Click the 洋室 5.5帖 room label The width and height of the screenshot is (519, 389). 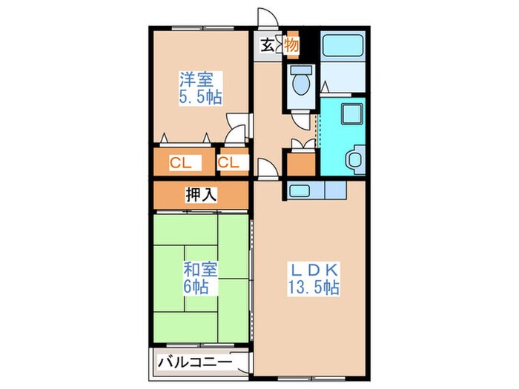tap(201, 87)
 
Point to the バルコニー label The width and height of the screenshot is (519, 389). tap(194, 362)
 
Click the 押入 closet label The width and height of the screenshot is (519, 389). tap(201, 195)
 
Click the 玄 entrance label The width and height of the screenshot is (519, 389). tap(266, 45)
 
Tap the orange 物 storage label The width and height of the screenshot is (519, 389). tap(291, 45)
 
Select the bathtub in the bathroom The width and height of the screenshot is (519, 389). tap(342, 46)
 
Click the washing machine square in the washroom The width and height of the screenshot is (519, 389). tap(349, 115)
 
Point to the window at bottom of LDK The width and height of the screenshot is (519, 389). tap(311, 376)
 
